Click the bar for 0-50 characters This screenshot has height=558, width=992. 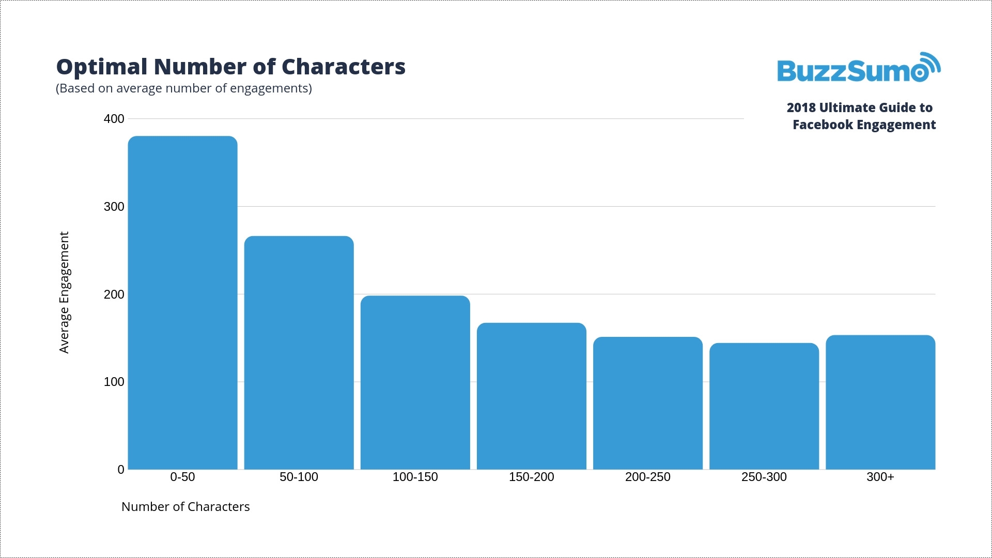click(182, 303)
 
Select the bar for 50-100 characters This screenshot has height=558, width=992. click(299, 353)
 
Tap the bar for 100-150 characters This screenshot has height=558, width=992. click(415, 382)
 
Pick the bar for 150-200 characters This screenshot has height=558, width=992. click(531, 396)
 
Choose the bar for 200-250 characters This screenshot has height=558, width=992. click(648, 403)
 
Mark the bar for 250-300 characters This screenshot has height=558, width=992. click(764, 406)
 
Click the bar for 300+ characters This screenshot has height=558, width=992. click(880, 402)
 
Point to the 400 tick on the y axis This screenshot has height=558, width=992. click(114, 119)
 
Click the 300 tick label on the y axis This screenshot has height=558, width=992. click(114, 207)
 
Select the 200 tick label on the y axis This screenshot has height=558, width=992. click(114, 295)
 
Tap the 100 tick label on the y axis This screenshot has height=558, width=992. click(114, 382)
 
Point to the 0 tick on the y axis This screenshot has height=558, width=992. click(121, 470)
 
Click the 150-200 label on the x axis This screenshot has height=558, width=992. click(531, 477)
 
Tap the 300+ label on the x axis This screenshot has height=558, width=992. click(880, 477)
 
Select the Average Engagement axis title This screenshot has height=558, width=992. click(64, 292)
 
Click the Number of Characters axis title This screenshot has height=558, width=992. click(185, 507)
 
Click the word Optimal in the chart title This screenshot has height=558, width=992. click(102, 67)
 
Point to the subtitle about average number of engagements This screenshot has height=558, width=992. click(184, 88)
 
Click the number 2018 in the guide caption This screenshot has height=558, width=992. click(801, 108)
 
